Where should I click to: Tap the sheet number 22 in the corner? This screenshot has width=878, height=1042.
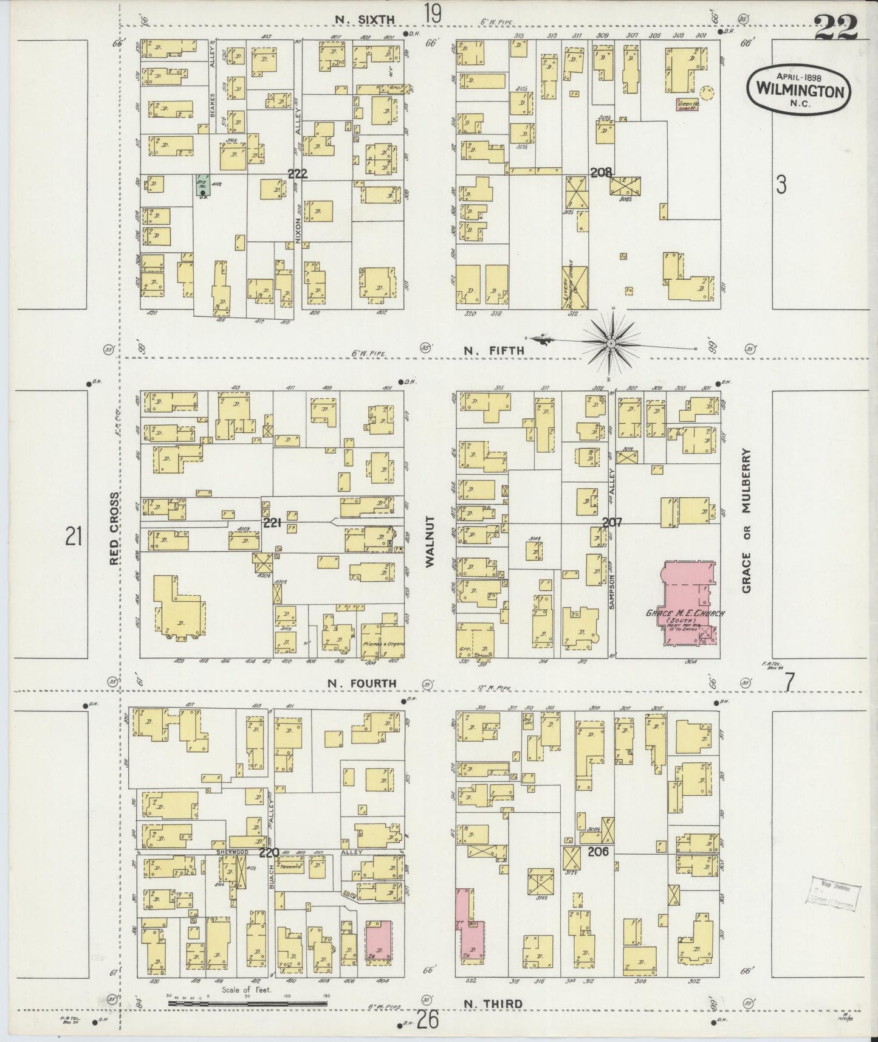point(837,27)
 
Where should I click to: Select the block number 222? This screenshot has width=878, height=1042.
point(297,174)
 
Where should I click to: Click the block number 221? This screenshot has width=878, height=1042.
point(272,522)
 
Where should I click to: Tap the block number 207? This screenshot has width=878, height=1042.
point(612,522)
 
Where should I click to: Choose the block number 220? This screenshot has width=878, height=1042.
point(269,852)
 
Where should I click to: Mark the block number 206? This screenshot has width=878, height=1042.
point(598,852)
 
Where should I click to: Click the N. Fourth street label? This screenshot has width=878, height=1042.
point(362,683)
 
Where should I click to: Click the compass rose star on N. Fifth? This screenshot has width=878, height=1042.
point(611,343)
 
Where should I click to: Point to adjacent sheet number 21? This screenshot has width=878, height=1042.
point(74,536)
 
